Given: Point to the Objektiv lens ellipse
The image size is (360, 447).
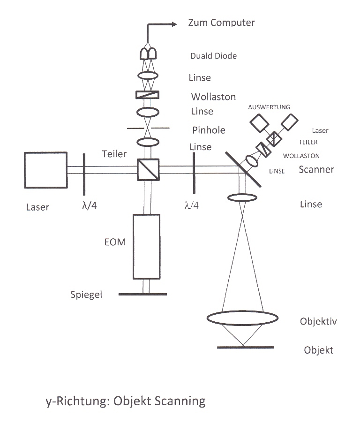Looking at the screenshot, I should coord(242,318).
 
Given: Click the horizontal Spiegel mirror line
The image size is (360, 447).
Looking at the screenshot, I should coord(142,295).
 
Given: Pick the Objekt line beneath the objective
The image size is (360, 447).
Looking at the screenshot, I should coord(246,348).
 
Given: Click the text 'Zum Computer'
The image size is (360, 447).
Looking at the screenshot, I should coord(221,23).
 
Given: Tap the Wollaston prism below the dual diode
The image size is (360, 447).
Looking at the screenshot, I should coord(148,94).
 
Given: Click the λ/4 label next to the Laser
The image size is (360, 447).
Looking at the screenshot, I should coord(89,205).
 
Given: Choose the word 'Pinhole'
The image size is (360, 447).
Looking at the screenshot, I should coord(209,130).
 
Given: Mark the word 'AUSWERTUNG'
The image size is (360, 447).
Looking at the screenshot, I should coord(269,107).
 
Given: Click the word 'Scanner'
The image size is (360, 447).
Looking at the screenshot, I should coord(316,169).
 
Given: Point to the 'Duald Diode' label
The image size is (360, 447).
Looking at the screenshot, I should coord(213,56).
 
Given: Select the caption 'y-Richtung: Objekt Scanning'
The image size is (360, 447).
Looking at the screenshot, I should coord(126,402).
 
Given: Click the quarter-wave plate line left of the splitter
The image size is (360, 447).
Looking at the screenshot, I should coord(84,174).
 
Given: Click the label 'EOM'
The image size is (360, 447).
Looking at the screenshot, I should coord(115,243).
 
